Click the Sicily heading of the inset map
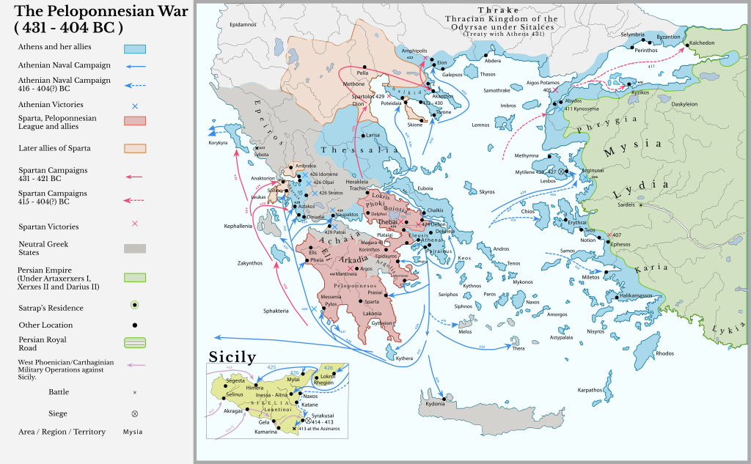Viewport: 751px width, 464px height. tap(232, 357)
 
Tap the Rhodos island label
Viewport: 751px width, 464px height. tap(664, 353)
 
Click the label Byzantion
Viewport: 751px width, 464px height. tap(668, 37)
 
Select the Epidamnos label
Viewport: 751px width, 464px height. tap(243, 25)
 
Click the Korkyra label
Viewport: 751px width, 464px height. tap(219, 143)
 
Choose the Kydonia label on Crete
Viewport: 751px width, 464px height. tap(435, 404)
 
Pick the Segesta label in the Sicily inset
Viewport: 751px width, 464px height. tap(235, 381)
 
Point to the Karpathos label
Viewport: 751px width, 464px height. tap(590, 390)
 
